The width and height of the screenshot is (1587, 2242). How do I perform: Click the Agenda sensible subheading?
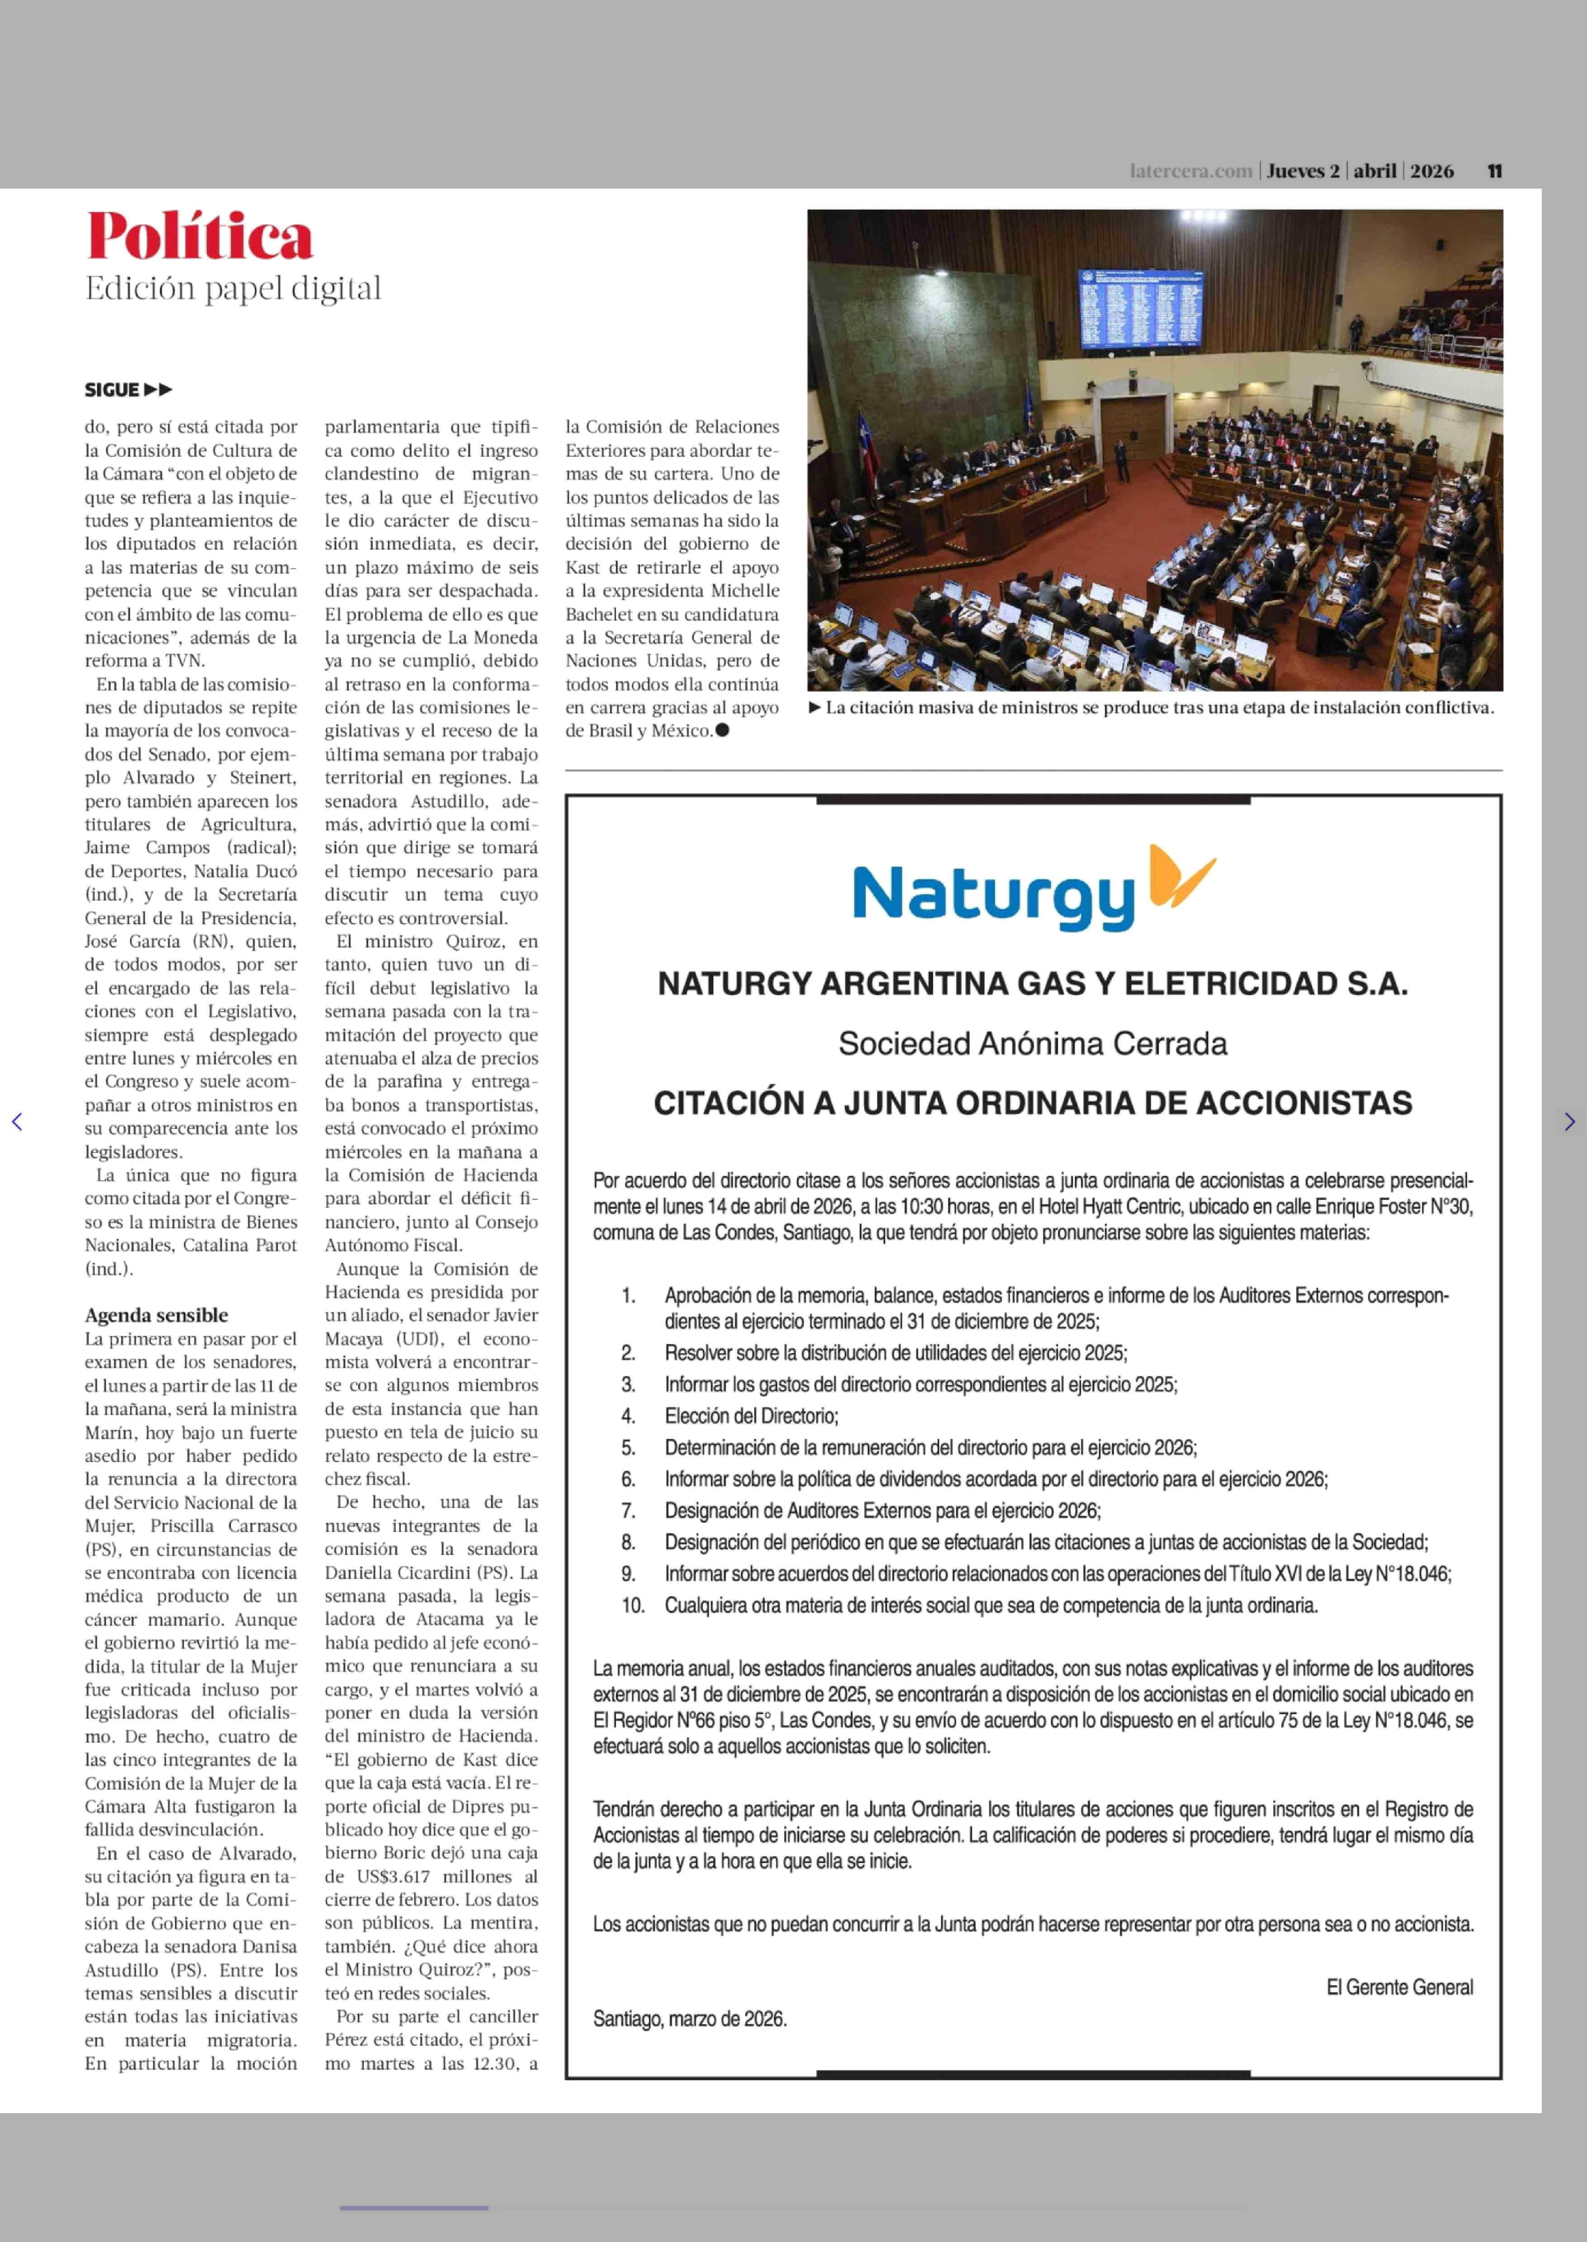[x=157, y=1315]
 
